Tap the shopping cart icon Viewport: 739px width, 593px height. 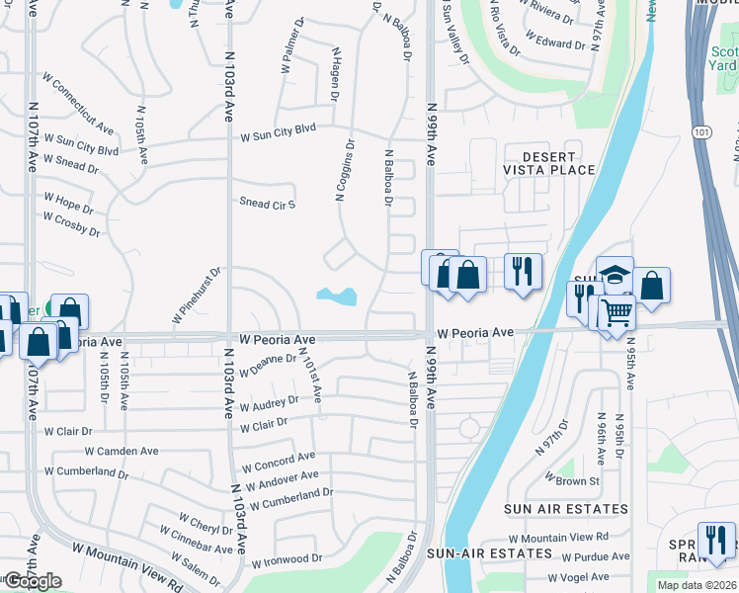(616, 313)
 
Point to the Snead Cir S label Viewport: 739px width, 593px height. (268, 203)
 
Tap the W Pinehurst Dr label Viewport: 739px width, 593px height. (196, 295)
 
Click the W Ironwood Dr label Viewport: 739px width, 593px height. (287, 560)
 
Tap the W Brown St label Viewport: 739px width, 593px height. (573, 481)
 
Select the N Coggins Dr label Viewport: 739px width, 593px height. (345, 169)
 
